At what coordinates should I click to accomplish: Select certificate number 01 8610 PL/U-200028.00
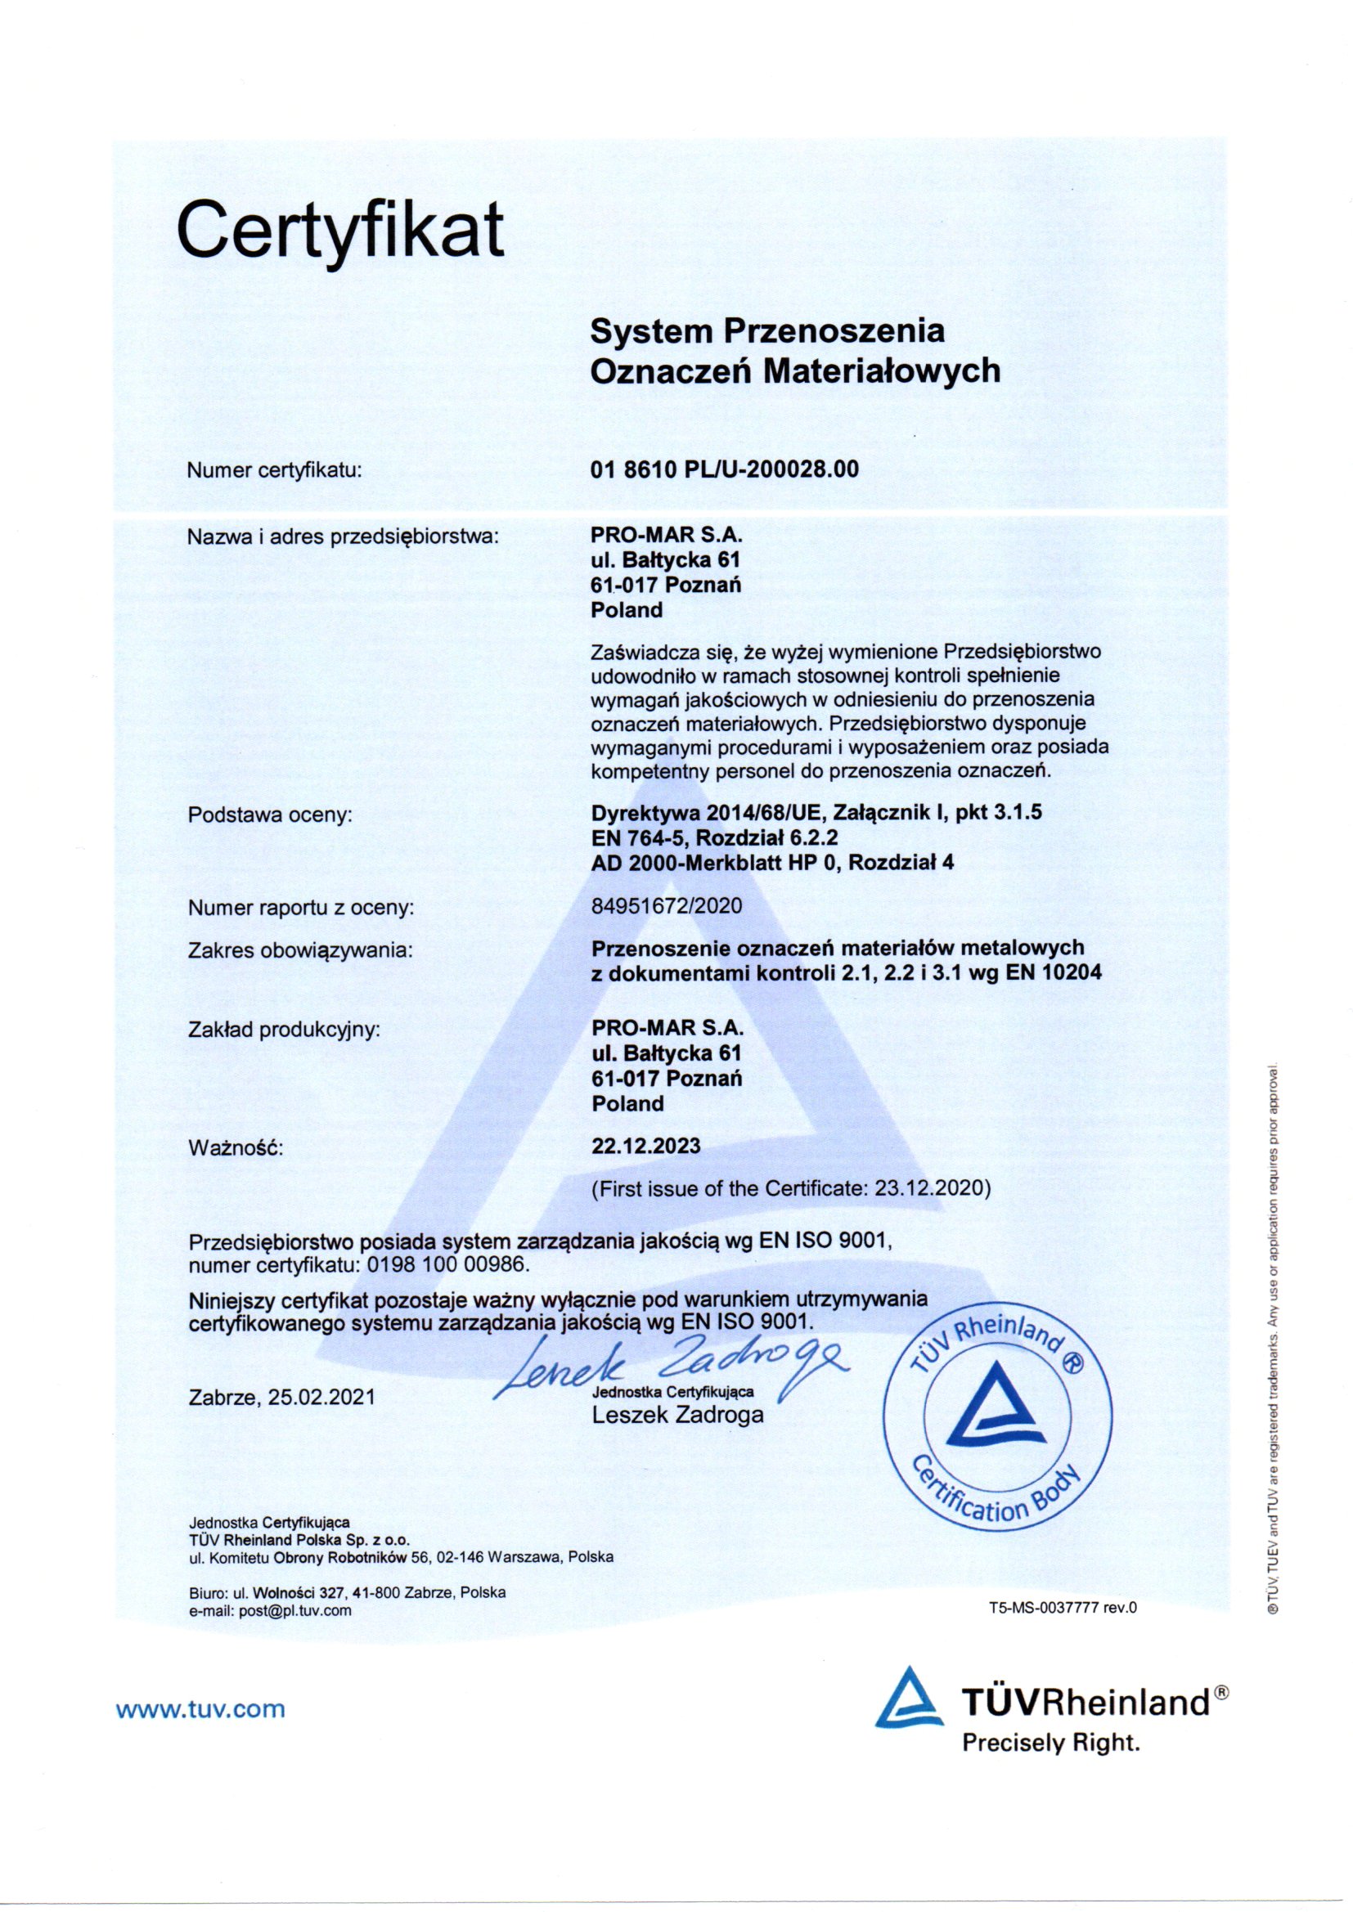click(723, 469)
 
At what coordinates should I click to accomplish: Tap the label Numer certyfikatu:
click(275, 470)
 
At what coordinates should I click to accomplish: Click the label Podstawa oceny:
click(271, 815)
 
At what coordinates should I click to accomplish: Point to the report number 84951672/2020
click(666, 905)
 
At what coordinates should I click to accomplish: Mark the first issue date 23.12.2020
click(933, 1188)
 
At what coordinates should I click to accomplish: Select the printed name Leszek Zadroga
click(677, 1415)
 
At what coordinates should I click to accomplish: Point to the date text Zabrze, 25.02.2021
click(281, 1397)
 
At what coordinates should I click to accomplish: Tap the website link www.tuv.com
click(200, 1710)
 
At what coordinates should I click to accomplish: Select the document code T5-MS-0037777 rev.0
click(1063, 1608)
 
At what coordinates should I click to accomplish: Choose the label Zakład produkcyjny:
click(284, 1030)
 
